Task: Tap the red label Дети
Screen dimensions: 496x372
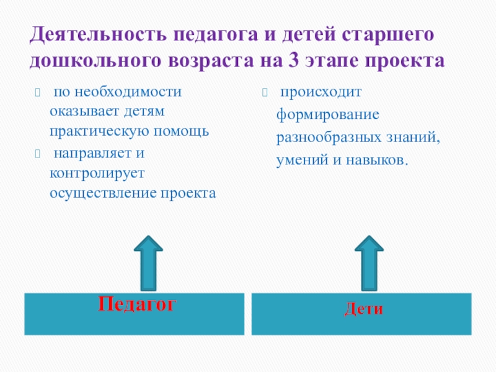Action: point(364,308)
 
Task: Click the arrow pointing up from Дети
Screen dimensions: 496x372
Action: point(370,262)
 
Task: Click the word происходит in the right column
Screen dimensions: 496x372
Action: point(320,93)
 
